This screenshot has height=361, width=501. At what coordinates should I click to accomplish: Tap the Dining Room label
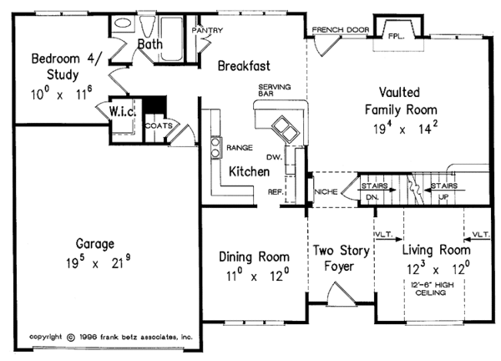tap(254, 256)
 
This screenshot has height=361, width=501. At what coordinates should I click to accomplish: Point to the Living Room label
tap(436, 250)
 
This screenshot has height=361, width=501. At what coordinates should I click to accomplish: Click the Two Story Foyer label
tap(341, 258)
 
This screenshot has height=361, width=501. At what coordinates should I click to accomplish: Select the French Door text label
tap(341, 29)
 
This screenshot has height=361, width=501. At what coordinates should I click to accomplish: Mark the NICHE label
tap(324, 192)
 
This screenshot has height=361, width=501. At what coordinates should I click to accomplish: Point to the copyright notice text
tap(111, 337)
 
